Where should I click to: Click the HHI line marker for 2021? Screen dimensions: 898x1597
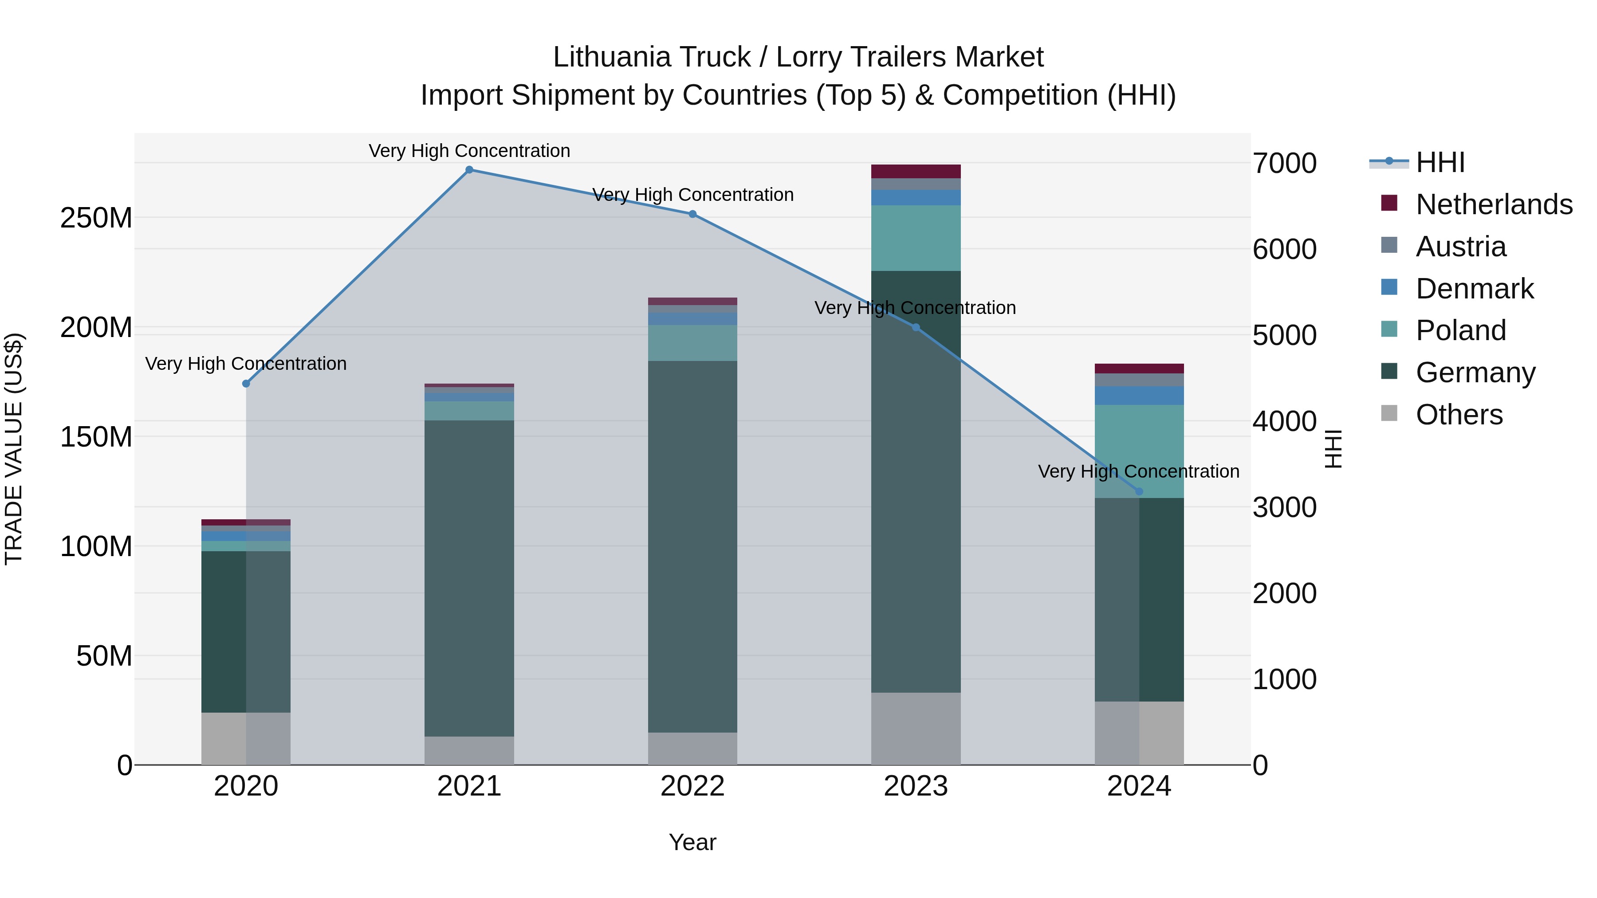pos(469,170)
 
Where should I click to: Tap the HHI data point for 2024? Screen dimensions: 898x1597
pos(1139,491)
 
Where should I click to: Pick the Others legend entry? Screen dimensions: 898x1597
pos(1459,415)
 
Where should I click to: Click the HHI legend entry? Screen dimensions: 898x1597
pos(1440,162)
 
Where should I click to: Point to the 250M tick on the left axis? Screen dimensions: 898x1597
pos(96,218)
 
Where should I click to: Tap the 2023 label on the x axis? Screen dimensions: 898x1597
pos(916,786)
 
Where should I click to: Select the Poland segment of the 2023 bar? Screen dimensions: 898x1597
pos(916,238)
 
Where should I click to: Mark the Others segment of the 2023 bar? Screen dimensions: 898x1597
pos(916,728)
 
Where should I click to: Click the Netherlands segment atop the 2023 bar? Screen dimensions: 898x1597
pos(916,171)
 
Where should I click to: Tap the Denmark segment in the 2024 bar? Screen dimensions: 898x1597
pos(1139,396)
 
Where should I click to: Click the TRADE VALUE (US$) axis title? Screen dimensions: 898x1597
pos(14,449)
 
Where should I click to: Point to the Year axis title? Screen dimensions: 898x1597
pos(692,842)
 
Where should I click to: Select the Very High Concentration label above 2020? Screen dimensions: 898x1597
pos(246,364)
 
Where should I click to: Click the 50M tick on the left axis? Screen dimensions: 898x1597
pos(104,656)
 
